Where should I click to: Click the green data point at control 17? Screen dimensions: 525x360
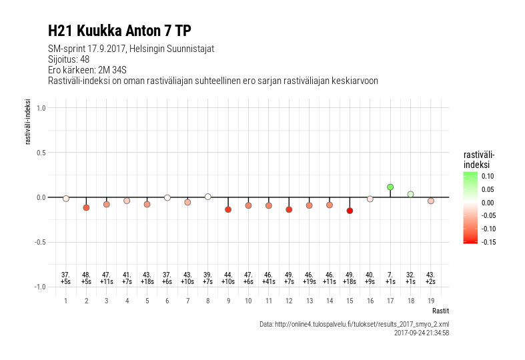point(390,187)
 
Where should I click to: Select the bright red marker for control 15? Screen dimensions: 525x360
point(350,211)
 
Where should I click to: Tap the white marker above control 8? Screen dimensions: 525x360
point(207,197)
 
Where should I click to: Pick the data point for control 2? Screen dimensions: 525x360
point(86,208)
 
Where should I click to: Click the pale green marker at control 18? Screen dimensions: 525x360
point(410,194)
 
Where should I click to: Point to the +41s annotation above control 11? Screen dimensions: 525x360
point(269,282)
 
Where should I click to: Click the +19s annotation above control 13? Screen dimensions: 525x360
point(309,282)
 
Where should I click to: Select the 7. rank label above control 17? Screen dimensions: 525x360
point(390,275)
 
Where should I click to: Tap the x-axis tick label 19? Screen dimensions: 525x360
point(431,301)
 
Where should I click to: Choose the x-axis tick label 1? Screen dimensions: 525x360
point(65,301)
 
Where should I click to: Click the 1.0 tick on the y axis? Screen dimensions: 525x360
point(41,108)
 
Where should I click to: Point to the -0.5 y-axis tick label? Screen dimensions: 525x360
point(40,242)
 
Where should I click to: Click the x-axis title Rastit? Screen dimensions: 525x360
point(440,311)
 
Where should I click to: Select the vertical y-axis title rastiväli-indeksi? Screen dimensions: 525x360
point(28,122)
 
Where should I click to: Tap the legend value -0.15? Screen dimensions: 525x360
point(488,242)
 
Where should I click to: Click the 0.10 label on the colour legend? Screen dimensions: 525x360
point(488,176)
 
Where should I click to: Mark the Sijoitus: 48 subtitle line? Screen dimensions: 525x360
point(69,59)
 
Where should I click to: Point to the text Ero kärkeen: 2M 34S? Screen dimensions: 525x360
point(87,70)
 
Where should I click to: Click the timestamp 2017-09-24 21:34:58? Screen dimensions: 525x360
point(422,333)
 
